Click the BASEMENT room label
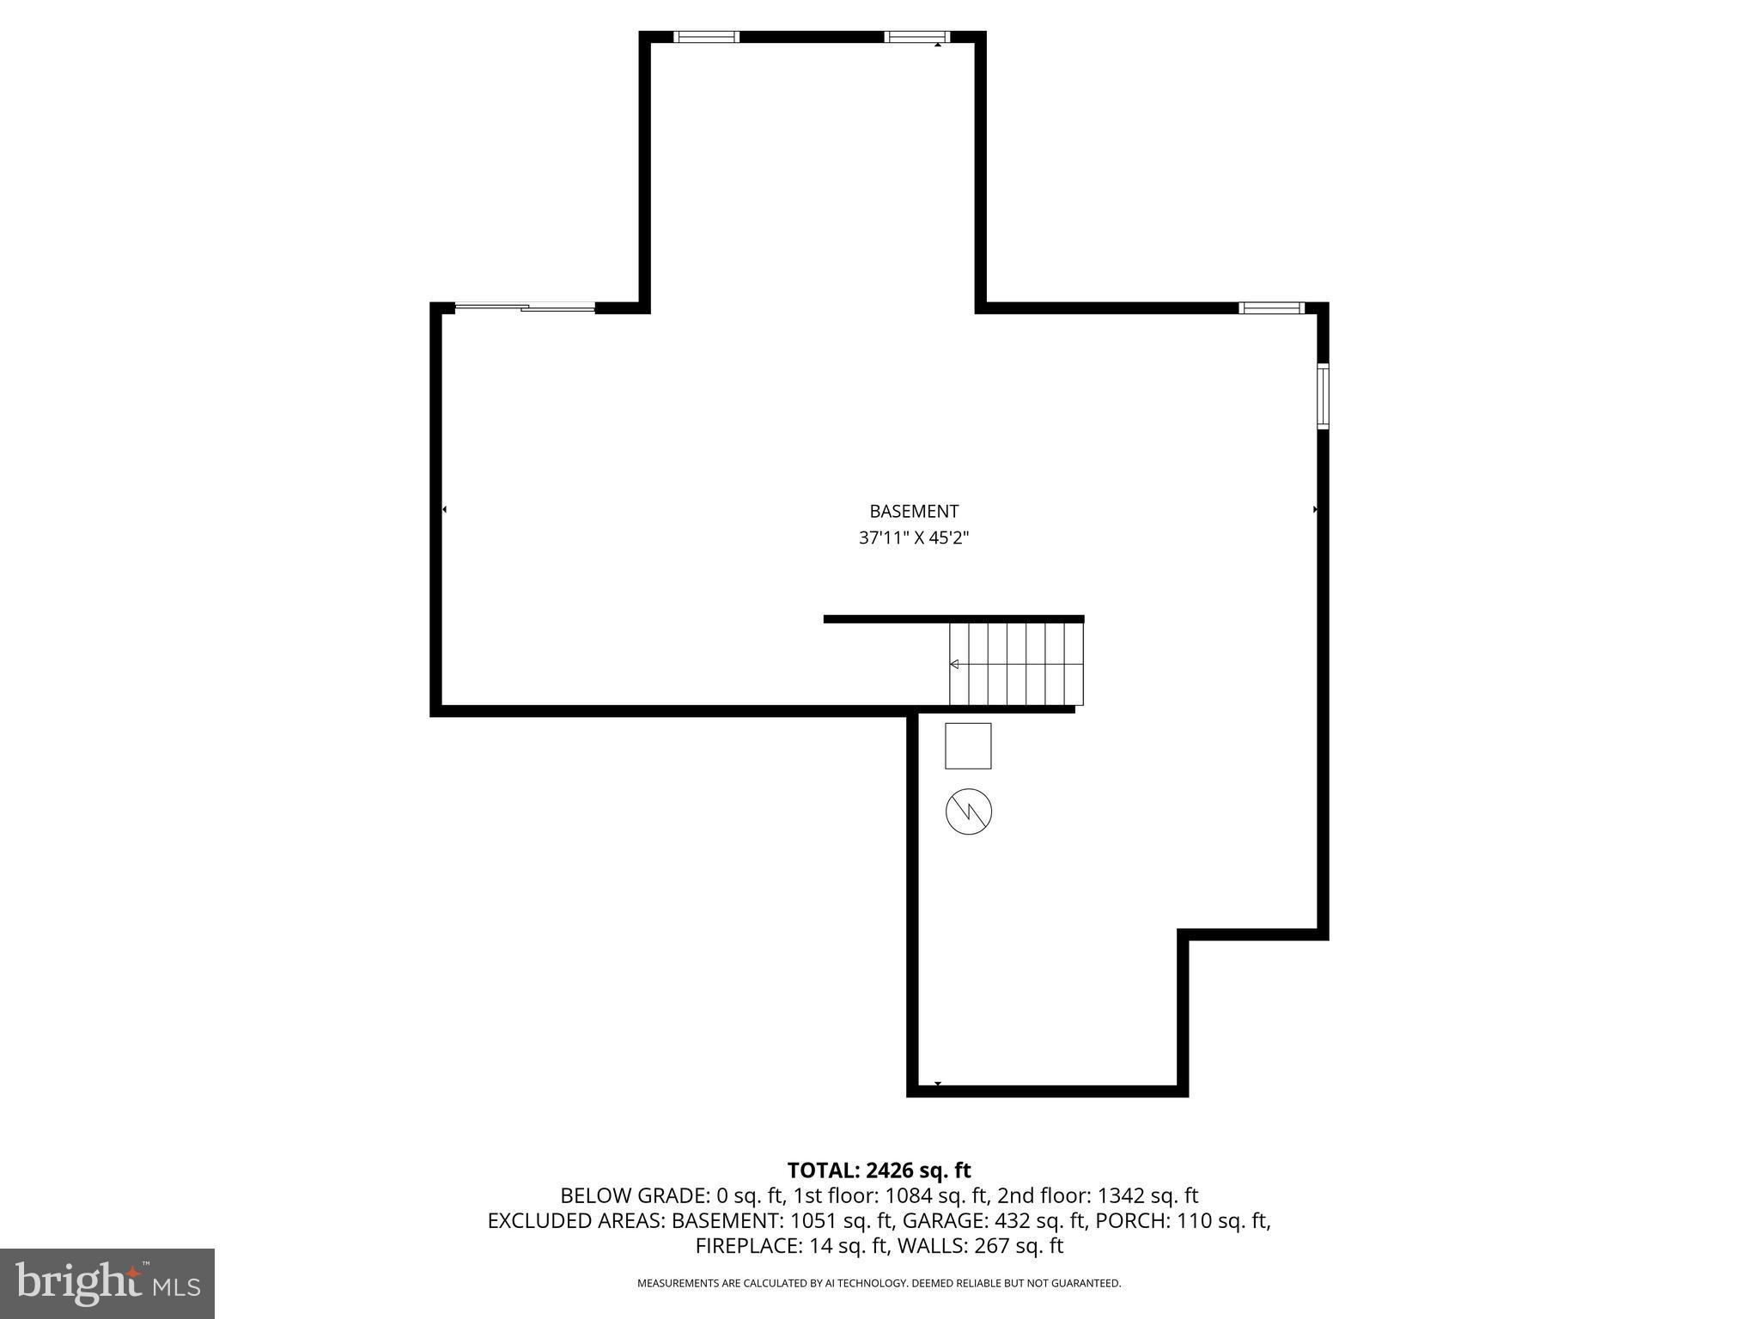pos(914,512)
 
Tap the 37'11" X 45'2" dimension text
pos(914,538)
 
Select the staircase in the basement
pos(1016,664)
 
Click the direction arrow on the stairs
pos(954,664)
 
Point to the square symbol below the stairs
pos(968,745)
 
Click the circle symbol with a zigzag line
pos(969,811)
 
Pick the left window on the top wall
pos(706,37)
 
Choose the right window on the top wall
pos(916,37)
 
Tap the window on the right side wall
pos(1323,396)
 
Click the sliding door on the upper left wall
pos(525,307)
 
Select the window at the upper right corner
pos(1271,307)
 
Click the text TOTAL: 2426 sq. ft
pos(879,1170)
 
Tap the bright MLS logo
pos(107,1284)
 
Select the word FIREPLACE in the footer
pos(749,1245)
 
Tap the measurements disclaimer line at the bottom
pos(879,1284)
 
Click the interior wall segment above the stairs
pos(953,618)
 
